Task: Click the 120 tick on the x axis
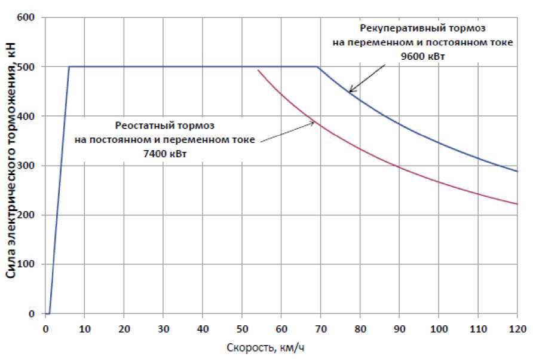tap(517, 328)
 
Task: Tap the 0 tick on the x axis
tap(45, 328)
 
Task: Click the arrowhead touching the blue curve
tap(351, 91)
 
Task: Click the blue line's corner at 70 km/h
tap(317, 66)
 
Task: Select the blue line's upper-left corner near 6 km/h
tap(69, 66)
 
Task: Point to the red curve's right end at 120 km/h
tap(517, 205)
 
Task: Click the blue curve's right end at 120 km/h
tap(517, 172)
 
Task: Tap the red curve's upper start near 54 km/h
tap(258, 70)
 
